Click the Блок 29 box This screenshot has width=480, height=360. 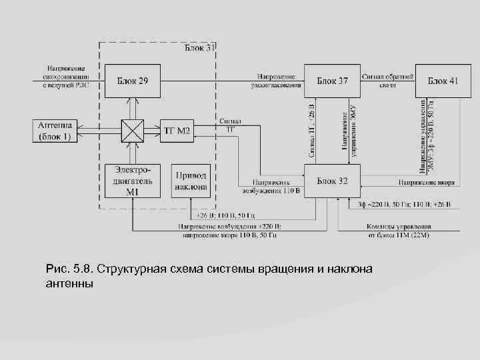[x=133, y=81]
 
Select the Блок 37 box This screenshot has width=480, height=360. [x=332, y=81]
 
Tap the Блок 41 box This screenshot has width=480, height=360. [x=443, y=81]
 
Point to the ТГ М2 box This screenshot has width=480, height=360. [x=177, y=130]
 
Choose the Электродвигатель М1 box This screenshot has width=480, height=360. [x=133, y=181]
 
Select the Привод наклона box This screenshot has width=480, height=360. [x=191, y=181]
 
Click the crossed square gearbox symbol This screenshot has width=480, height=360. [x=133, y=130]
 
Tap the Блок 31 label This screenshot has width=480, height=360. [x=199, y=48]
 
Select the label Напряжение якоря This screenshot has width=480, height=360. [x=427, y=181]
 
